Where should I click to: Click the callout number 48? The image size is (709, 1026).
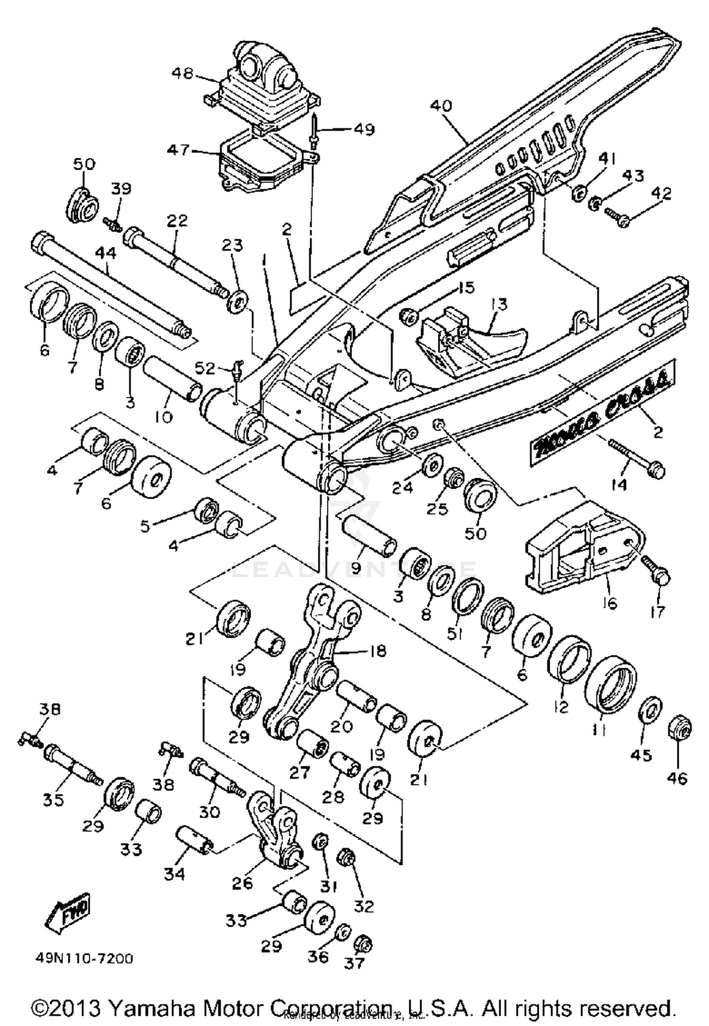click(182, 74)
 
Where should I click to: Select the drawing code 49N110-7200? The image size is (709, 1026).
click(84, 958)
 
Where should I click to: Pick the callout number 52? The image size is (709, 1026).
click(205, 368)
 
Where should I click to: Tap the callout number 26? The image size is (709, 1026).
click(243, 883)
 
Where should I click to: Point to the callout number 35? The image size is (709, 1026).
click(53, 800)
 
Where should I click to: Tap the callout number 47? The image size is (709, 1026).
click(180, 150)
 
